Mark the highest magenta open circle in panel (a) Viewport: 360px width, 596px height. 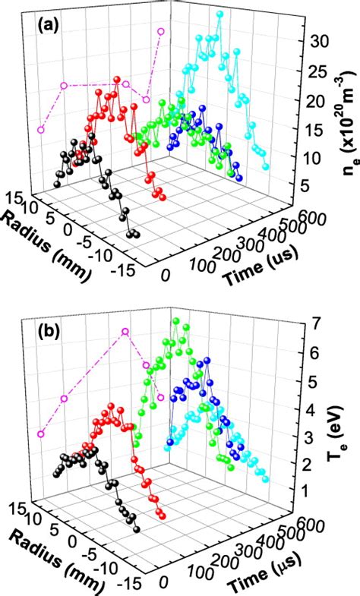click(x=160, y=31)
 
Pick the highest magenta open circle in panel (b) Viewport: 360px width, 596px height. click(x=125, y=332)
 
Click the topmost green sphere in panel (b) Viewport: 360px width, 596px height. click(x=176, y=321)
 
